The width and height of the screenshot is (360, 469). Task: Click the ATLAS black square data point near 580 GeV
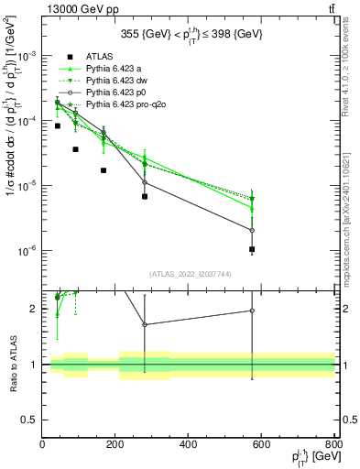click(252, 249)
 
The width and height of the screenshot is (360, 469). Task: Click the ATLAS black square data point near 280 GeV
click(145, 196)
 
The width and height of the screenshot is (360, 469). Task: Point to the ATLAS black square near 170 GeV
click(104, 170)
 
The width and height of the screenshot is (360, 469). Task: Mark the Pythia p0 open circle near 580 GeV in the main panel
click(252, 230)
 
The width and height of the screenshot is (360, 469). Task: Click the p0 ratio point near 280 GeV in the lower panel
click(145, 324)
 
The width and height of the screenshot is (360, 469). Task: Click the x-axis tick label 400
click(188, 445)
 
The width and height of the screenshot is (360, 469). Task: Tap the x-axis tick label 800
click(333, 445)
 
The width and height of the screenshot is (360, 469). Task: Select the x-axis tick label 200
click(115, 445)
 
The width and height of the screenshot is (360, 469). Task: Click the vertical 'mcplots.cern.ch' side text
click(352, 183)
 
